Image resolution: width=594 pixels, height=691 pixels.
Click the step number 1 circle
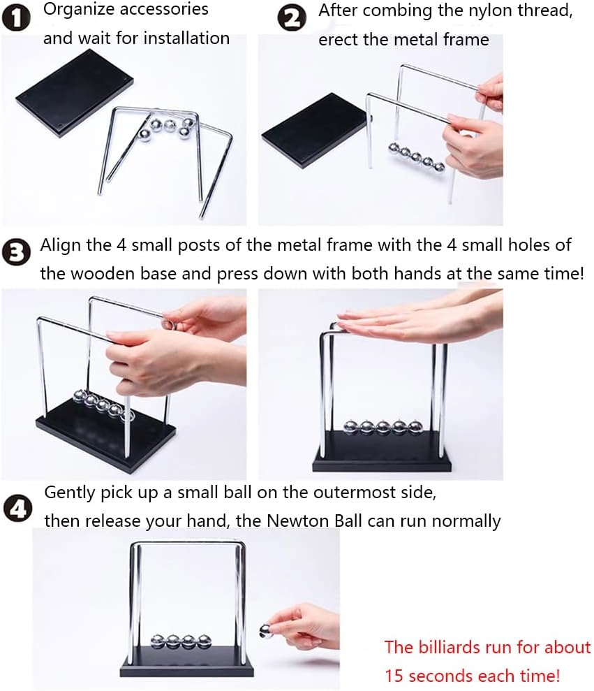(17, 19)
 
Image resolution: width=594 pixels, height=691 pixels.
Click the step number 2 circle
(292, 18)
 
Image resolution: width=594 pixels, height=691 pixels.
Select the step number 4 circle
(17, 509)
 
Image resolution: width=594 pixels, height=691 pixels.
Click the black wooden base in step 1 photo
(75, 94)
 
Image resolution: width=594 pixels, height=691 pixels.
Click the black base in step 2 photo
(314, 131)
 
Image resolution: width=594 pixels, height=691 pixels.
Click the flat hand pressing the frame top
(418, 317)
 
